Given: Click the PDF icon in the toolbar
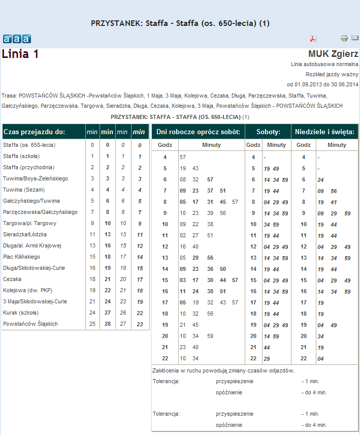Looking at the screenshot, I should [x=313, y=39].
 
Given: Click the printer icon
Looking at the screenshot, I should [x=344, y=38].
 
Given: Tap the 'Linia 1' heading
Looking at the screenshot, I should [x=20, y=54].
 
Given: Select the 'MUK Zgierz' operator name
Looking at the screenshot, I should [x=333, y=54].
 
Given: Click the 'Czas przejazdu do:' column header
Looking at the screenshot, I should [x=34, y=132].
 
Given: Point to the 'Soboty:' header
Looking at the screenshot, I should [x=269, y=132].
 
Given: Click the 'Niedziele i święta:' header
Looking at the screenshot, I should [x=324, y=132].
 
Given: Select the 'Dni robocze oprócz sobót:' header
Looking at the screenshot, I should [x=198, y=132].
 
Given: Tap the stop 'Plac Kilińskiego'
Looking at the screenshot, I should [x=21, y=257].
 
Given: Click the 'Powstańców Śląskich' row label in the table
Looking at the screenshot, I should [x=30, y=324].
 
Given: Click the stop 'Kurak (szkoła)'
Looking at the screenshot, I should [x=21, y=313].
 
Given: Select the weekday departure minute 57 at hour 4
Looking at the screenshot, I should [x=182, y=157].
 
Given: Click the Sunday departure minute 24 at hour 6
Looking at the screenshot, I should [x=320, y=179].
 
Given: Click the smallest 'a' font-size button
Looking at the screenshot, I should [x=8, y=39].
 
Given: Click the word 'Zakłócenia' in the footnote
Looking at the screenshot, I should [x=166, y=371].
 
